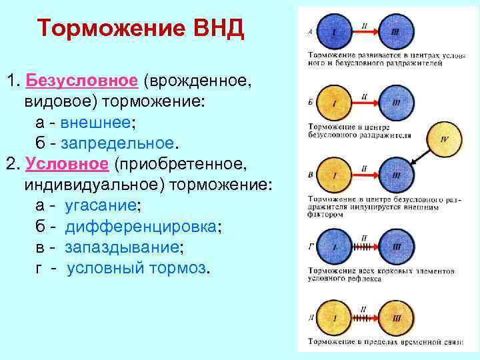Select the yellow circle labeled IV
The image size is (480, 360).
point(445,140)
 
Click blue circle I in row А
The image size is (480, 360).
point(335,31)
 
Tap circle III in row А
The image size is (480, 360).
point(396,31)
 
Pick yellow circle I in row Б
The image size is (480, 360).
point(335,103)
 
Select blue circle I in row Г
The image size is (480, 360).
point(335,247)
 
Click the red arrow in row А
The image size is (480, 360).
point(365,31)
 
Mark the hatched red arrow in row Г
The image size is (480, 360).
point(365,247)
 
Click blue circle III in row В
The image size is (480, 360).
point(397,175)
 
